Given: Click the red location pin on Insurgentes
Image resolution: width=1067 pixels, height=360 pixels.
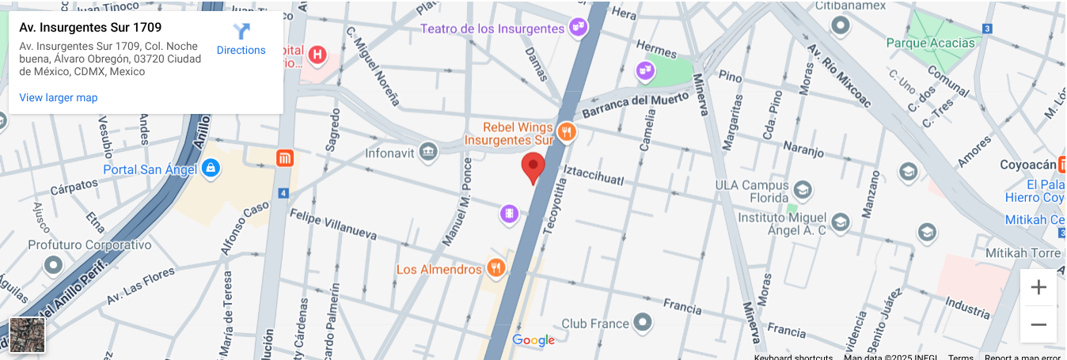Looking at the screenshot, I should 533,167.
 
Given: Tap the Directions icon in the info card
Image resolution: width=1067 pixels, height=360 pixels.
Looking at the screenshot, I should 241,32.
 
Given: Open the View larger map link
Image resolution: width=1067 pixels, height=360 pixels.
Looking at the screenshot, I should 59,97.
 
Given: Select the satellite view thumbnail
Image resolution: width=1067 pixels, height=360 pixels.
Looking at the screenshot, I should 27,335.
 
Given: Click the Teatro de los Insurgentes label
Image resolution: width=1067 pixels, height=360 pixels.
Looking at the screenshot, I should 492,28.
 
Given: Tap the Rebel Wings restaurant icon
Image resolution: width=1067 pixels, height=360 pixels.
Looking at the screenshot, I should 565,132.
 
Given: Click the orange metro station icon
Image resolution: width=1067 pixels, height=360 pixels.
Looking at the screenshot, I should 285,158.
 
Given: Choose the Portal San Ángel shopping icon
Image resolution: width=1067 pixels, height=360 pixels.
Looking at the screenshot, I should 210,169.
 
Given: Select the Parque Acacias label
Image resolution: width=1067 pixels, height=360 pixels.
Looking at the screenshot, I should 930,43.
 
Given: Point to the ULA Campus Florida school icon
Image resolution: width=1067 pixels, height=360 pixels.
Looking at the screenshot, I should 803,190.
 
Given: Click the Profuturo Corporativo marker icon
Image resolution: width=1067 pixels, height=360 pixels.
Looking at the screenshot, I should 54,264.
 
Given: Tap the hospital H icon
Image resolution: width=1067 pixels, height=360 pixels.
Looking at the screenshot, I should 317,55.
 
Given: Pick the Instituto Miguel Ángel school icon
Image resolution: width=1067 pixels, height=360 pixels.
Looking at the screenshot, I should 840,223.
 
